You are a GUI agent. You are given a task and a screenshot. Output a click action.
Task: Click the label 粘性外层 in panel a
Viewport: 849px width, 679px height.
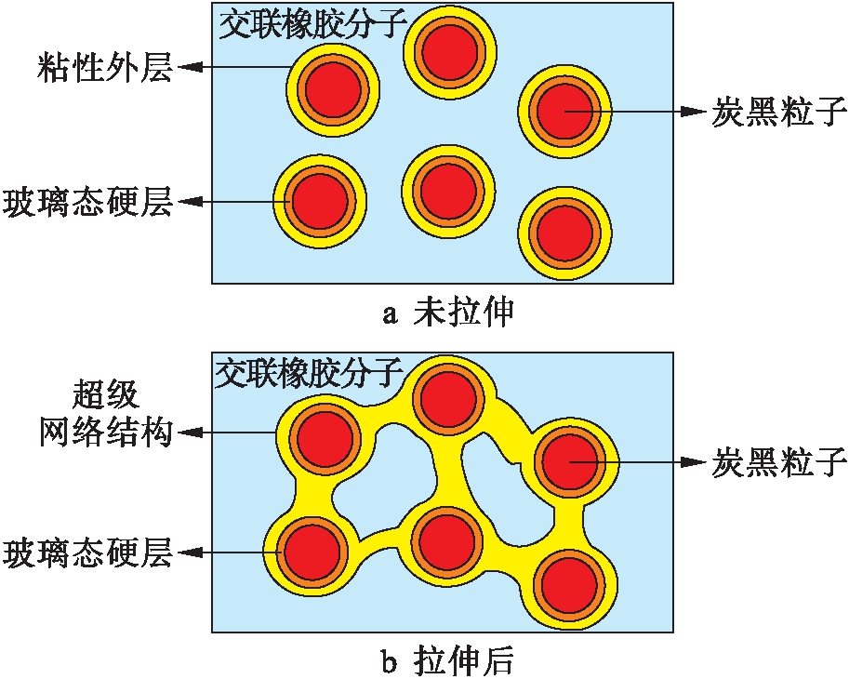pos(104,68)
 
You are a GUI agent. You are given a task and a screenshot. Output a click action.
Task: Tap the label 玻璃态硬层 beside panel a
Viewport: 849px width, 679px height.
pos(88,201)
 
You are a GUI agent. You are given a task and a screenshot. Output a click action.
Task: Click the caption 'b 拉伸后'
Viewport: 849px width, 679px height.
pos(448,661)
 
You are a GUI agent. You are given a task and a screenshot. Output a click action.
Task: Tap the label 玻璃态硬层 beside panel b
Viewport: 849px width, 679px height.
pos(88,554)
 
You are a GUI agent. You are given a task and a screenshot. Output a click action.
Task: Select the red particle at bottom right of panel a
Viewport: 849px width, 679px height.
pos(564,231)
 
